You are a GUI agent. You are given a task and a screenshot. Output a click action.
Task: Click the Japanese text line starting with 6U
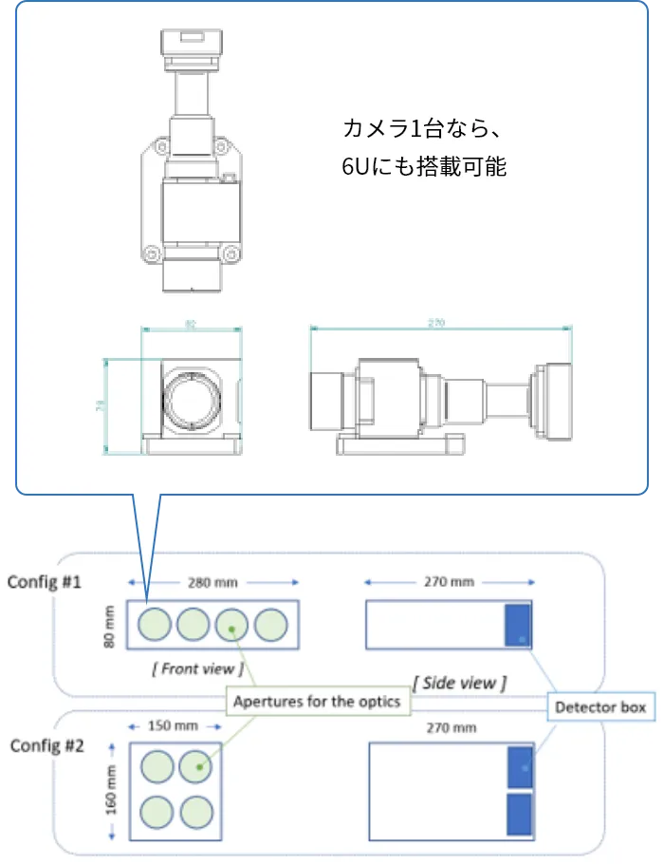click(x=424, y=166)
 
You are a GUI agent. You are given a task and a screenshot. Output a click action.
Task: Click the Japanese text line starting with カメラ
click(x=427, y=127)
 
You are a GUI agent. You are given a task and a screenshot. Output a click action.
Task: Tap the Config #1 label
click(x=44, y=581)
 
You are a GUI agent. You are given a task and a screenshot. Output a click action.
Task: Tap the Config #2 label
click(x=47, y=744)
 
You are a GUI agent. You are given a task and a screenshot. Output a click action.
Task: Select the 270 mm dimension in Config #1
click(x=448, y=581)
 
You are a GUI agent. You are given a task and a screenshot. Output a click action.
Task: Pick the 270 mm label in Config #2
click(x=450, y=727)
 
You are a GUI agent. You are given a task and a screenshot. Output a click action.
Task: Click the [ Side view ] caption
click(x=459, y=682)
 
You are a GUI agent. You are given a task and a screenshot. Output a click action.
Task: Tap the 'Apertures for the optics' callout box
click(x=318, y=703)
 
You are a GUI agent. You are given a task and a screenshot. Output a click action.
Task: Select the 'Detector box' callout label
click(x=599, y=707)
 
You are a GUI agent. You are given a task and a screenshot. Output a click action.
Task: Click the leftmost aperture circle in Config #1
click(x=155, y=624)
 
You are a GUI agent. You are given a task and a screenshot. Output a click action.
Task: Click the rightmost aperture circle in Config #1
click(x=271, y=624)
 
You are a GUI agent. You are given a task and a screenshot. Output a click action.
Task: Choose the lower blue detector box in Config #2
click(x=520, y=816)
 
